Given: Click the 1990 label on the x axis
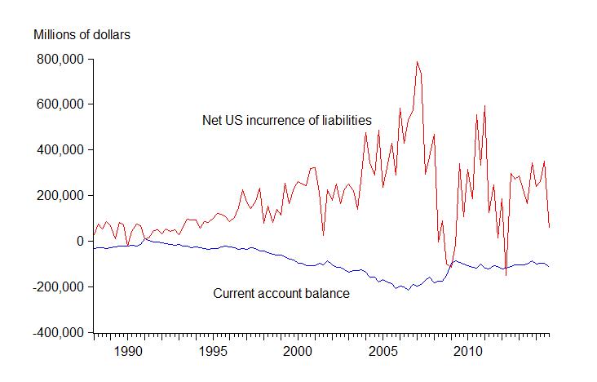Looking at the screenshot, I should pyautogui.click(x=127, y=352).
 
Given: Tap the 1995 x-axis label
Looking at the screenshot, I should pyautogui.click(x=212, y=352).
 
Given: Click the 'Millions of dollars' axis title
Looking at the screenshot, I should pyautogui.click(x=82, y=34).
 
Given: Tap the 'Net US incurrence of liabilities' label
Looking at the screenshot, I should pyautogui.click(x=287, y=121).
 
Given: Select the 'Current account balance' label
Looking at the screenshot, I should pyautogui.click(x=281, y=294).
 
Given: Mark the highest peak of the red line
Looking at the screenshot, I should pyautogui.click(x=417, y=61).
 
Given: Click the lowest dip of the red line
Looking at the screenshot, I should pyautogui.click(x=506, y=275).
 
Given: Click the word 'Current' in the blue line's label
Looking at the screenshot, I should pyautogui.click(x=233, y=294).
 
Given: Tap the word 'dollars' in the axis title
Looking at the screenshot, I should pyautogui.click(x=110, y=34).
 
